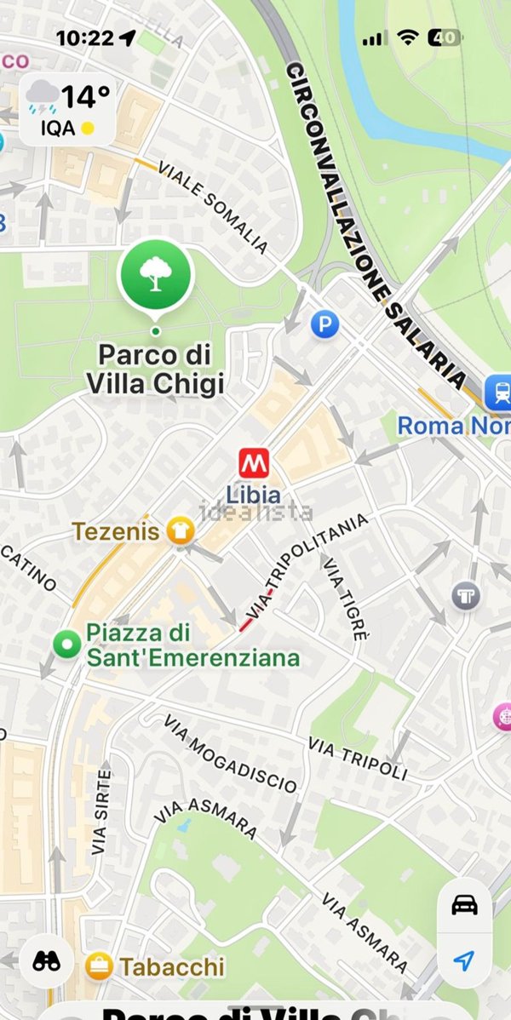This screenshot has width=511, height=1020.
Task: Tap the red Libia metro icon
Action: coord(254,464)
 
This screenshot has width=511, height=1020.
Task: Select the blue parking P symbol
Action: coord(324,324)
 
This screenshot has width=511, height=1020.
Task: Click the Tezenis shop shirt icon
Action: coord(180,530)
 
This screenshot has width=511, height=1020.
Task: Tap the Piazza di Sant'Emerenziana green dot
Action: coord(66,645)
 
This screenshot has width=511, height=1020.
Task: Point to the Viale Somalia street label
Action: coord(213,209)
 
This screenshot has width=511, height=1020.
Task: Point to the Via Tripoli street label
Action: coord(358,759)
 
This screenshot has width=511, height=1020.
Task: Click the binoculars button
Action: coord(46,960)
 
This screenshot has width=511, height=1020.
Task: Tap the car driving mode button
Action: coord(463,905)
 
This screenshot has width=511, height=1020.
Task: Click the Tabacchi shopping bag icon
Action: coord(100,966)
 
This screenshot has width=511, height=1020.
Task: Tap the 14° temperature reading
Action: coord(85,97)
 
